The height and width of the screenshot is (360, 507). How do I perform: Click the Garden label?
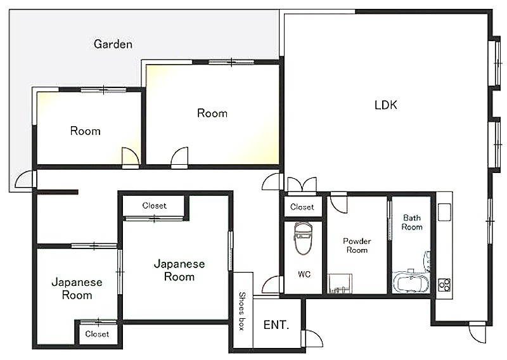click(x=113, y=44)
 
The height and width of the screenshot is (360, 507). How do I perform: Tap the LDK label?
click(x=386, y=105)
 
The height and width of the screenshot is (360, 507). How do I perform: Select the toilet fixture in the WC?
click(x=303, y=238)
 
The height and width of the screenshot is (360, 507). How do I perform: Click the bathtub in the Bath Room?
click(x=411, y=281)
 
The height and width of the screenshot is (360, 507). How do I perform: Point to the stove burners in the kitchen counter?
click(x=444, y=285)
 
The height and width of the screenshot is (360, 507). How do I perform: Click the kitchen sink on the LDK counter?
click(x=445, y=212)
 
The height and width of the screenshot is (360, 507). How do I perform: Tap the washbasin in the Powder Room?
click(x=340, y=284)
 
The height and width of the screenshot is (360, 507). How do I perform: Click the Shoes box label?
click(x=241, y=311)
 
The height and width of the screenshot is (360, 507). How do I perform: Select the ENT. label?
click(x=276, y=325)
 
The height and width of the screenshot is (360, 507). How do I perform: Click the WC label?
click(x=304, y=274)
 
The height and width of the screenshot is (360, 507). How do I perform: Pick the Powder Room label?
click(x=357, y=245)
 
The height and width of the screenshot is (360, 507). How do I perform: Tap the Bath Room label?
click(x=412, y=222)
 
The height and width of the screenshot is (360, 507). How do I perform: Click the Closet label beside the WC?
click(x=302, y=207)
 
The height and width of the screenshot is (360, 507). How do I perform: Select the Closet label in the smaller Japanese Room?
click(x=97, y=334)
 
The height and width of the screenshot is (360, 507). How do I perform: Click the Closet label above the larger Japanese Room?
click(x=154, y=206)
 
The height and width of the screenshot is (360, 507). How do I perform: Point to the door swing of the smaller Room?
click(x=131, y=158)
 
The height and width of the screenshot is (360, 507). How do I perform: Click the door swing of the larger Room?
click(x=179, y=158)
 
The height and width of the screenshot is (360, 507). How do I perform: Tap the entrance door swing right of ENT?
click(x=314, y=338)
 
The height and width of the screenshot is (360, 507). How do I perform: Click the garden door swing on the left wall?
click(x=25, y=179)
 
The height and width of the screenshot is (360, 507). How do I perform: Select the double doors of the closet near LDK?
click(x=302, y=184)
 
